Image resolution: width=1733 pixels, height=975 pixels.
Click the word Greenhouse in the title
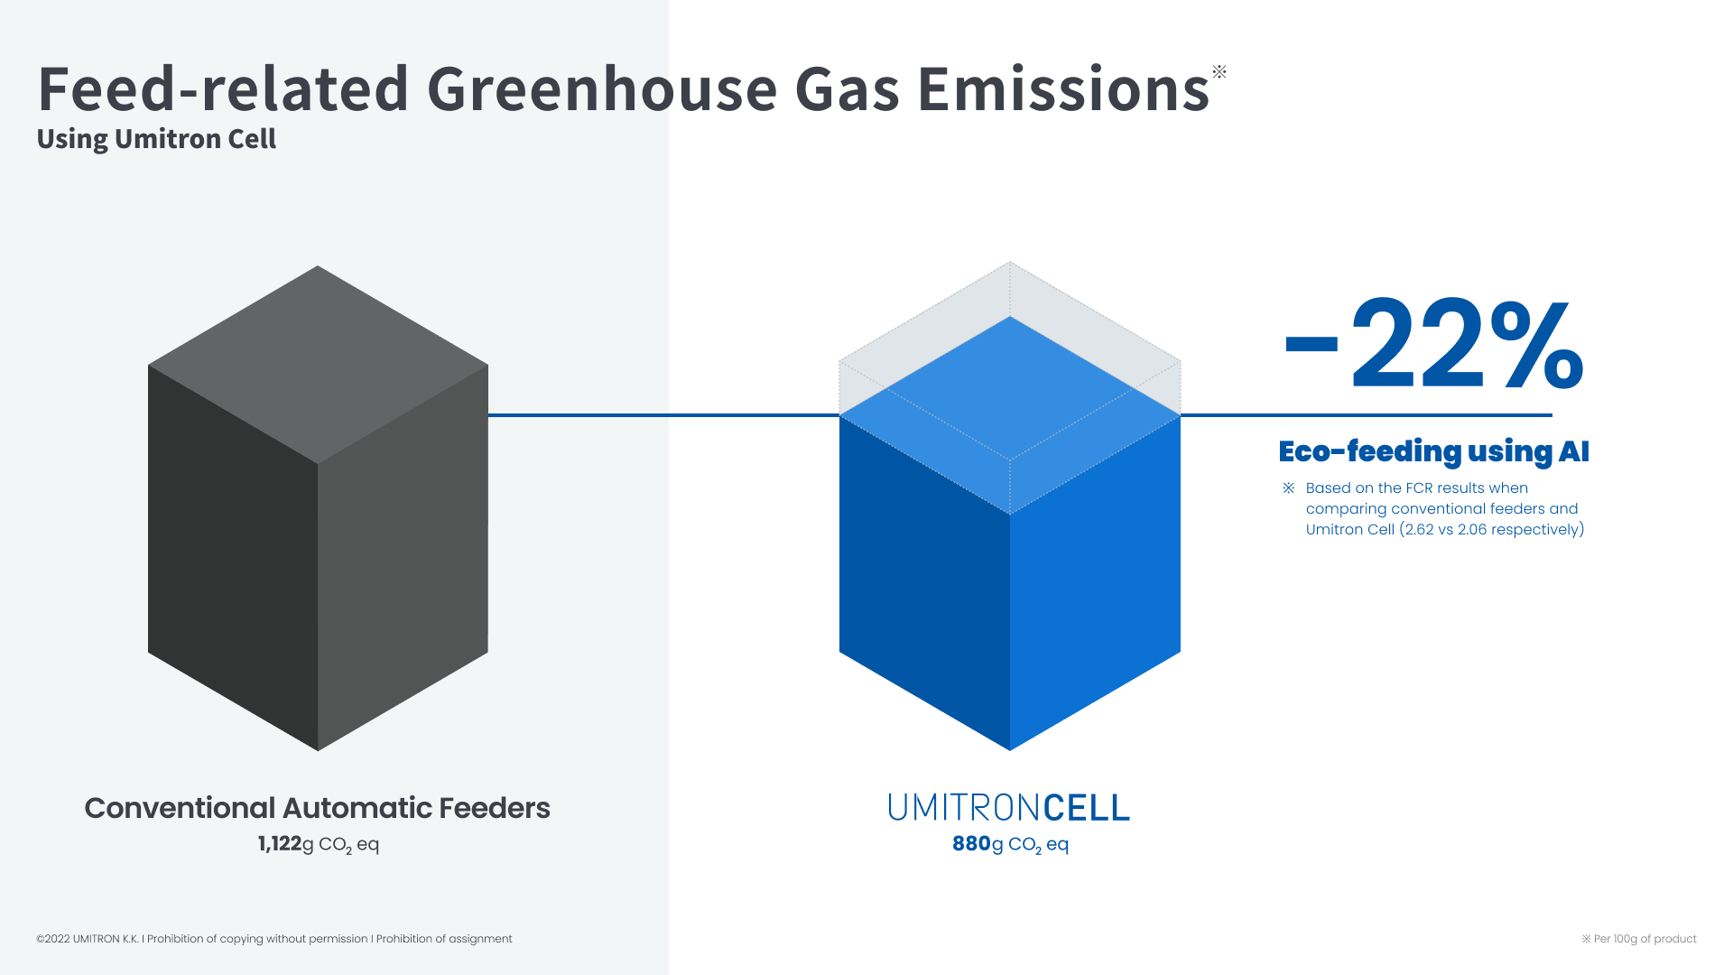click(x=601, y=89)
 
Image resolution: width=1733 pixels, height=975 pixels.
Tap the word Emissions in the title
click(x=1063, y=89)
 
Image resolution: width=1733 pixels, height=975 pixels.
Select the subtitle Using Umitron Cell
click(x=156, y=139)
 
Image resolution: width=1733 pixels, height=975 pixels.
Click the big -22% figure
click(x=1433, y=345)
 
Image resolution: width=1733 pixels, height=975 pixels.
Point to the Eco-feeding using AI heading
click(x=1433, y=451)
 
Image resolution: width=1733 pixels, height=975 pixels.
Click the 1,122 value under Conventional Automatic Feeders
click(x=280, y=844)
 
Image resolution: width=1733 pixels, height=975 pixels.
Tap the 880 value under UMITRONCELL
click(x=971, y=844)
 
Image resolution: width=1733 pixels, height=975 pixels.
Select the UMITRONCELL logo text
click(x=1009, y=807)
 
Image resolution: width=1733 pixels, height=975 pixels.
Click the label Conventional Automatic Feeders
click(x=317, y=808)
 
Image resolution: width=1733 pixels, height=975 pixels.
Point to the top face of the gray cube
click(x=318, y=365)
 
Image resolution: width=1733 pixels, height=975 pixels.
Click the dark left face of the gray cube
click(x=233, y=558)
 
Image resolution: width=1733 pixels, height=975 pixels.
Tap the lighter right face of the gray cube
click(x=403, y=558)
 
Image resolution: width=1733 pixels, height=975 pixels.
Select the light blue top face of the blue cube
click(x=1010, y=415)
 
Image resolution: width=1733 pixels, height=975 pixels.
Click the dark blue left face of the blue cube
click(x=924, y=583)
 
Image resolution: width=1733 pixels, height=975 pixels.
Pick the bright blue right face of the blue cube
click(x=1095, y=583)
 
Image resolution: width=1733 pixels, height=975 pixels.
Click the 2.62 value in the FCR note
click(x=1420, y=530)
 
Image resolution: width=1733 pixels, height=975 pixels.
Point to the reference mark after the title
click(x=1219, y=71)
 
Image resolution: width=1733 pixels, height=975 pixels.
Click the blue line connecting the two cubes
click(x=663, y=415)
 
